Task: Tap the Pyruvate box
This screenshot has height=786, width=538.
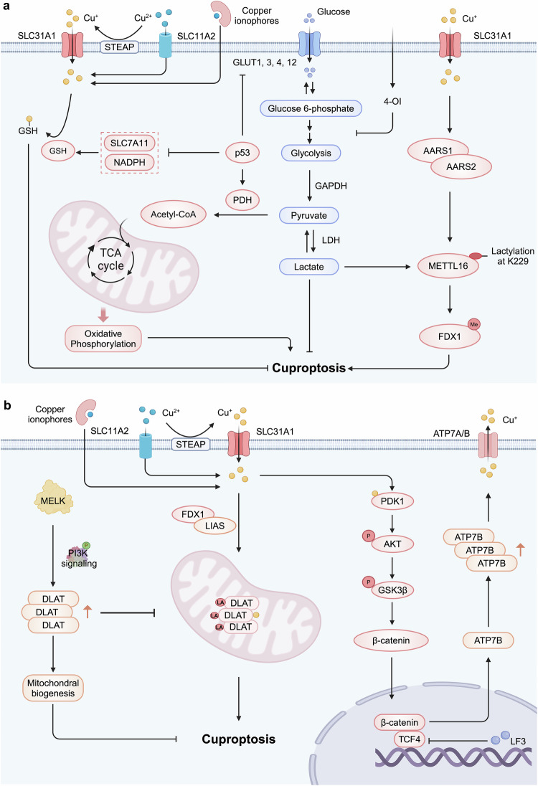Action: point(309,214)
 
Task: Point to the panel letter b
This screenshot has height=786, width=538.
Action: point(7,406)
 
